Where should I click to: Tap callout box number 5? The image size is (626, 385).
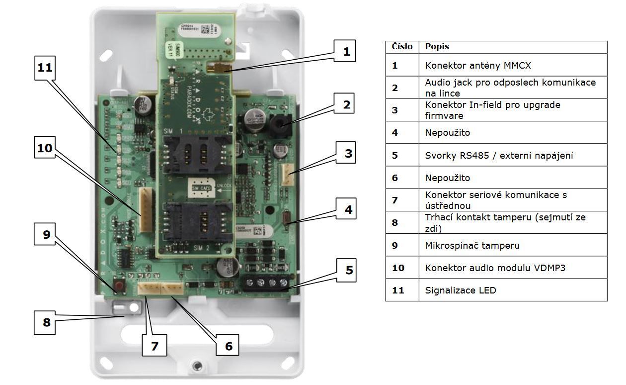point(349,270)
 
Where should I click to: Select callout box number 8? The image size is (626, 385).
point(47,322)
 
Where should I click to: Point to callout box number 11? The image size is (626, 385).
point(45,68)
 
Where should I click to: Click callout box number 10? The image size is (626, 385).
point(45,148)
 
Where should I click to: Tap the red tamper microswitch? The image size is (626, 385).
point(120,286)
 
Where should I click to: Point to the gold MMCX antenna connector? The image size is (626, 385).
point(219,68)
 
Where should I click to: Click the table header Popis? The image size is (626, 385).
point(437,47)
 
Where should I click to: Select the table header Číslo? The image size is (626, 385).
point(402,47)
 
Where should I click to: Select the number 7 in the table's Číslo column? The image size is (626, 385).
point(395,200)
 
